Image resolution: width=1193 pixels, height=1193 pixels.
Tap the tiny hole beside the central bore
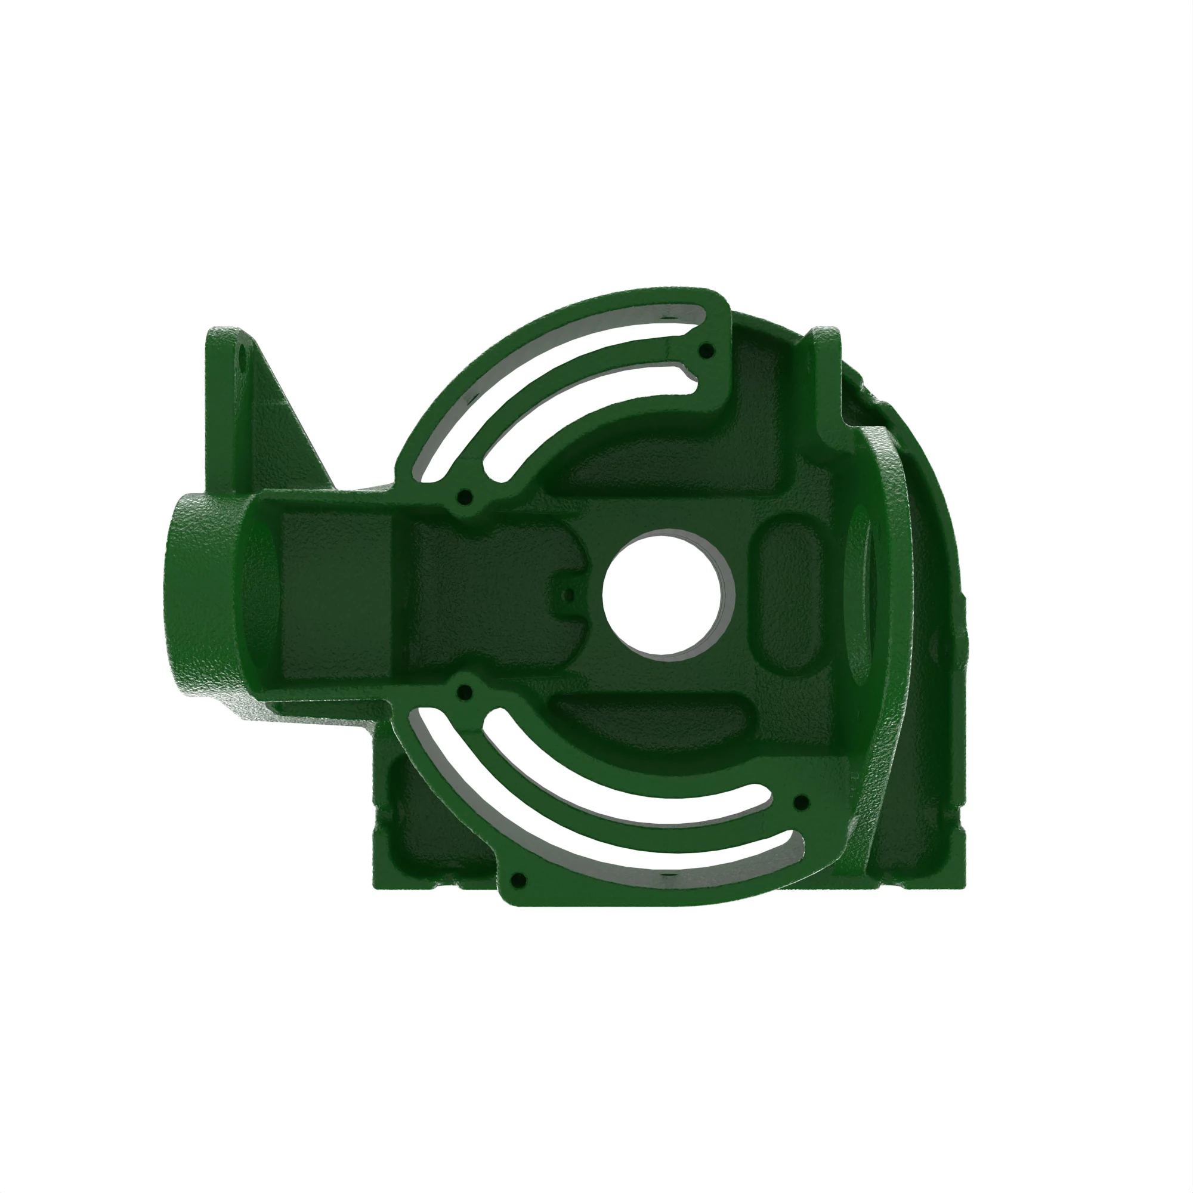[x=569, y=595]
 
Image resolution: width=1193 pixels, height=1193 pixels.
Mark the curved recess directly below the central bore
[x=654, y=719]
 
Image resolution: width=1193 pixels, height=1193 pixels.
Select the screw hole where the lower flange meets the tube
[x=467, y=690]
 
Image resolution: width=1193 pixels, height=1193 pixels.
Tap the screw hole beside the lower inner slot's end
[x=801, y=803]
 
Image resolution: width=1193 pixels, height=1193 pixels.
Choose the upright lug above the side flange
[x=826, y=370]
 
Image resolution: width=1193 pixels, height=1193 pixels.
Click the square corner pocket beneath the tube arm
[x=432, y=821]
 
